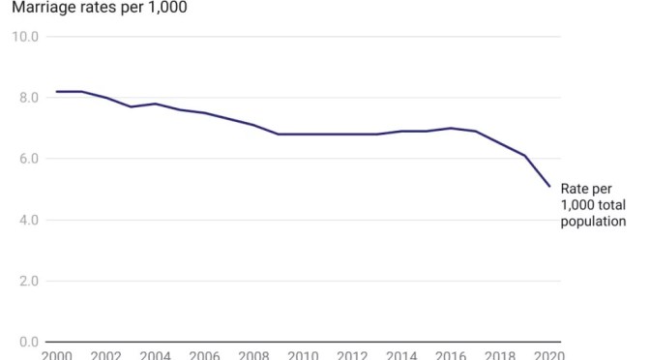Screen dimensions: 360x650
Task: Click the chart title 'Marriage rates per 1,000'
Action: pyautogui.click(x=94, y=8)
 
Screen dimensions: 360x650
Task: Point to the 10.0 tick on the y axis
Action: pyautogui.click(x=25, y=37)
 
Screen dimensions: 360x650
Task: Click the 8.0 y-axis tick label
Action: pyautogui.click(x=26, y=98)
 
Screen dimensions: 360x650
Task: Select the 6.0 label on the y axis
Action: pyautogui.click(x=26, y=159)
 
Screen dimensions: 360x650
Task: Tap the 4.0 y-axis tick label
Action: pyautogui.click(x=26, y=220)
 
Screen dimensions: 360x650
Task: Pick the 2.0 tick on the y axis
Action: pyautogui.click(x=26, y=282)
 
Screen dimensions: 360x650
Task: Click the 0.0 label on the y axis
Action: pyautogui.click(x=26, y=343)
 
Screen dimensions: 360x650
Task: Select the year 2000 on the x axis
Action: pyautogui.click(x=56, y=355)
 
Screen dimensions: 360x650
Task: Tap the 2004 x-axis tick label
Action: pyautogui.click(x=155, y=355)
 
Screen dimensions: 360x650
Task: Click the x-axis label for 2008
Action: pyautogui.click(x=253, y=355)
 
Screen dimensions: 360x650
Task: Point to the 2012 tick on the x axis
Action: pyautogui.click(x=352, y=355)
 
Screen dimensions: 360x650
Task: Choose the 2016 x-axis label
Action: pyautogui.click(x=451, y=355)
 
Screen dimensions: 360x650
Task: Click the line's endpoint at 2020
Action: pyautogui.click(x=549, y=187)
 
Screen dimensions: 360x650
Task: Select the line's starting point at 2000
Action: pyautogui.click(x=56, y=92)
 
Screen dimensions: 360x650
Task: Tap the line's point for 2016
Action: pyautogui.click(x=451, y=128)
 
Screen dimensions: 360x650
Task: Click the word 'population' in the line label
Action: pyautogui.click(x=593, y=222)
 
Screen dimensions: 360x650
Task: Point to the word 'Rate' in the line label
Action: pyautogui.click(x=575, y=189)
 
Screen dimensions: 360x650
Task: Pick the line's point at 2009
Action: pyautogui.click(x=279, y=135)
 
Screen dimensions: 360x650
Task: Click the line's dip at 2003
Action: pyautogui.click(x=131, y=106)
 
